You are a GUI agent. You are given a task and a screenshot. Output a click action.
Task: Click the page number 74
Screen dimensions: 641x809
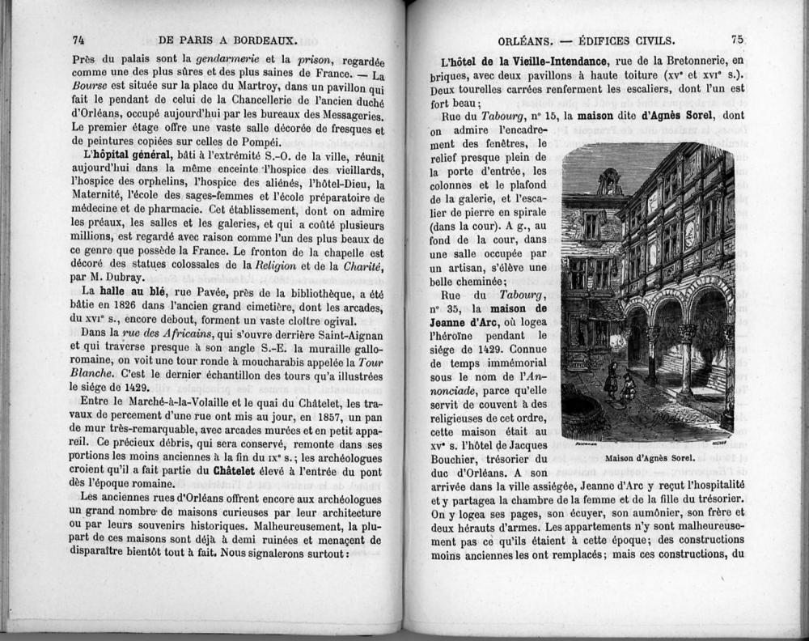click(78, 39)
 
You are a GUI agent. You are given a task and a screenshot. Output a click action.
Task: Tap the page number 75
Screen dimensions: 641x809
click(736, 39)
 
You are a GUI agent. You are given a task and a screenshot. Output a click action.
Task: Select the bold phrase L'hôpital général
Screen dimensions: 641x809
click(127, 155)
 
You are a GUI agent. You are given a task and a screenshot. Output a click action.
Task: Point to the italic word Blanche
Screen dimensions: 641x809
click(94, 373)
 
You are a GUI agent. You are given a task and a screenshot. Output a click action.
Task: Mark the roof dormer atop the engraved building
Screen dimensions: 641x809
click(608, 181)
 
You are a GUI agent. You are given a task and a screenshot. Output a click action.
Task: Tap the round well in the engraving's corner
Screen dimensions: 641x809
click(582, 413)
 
